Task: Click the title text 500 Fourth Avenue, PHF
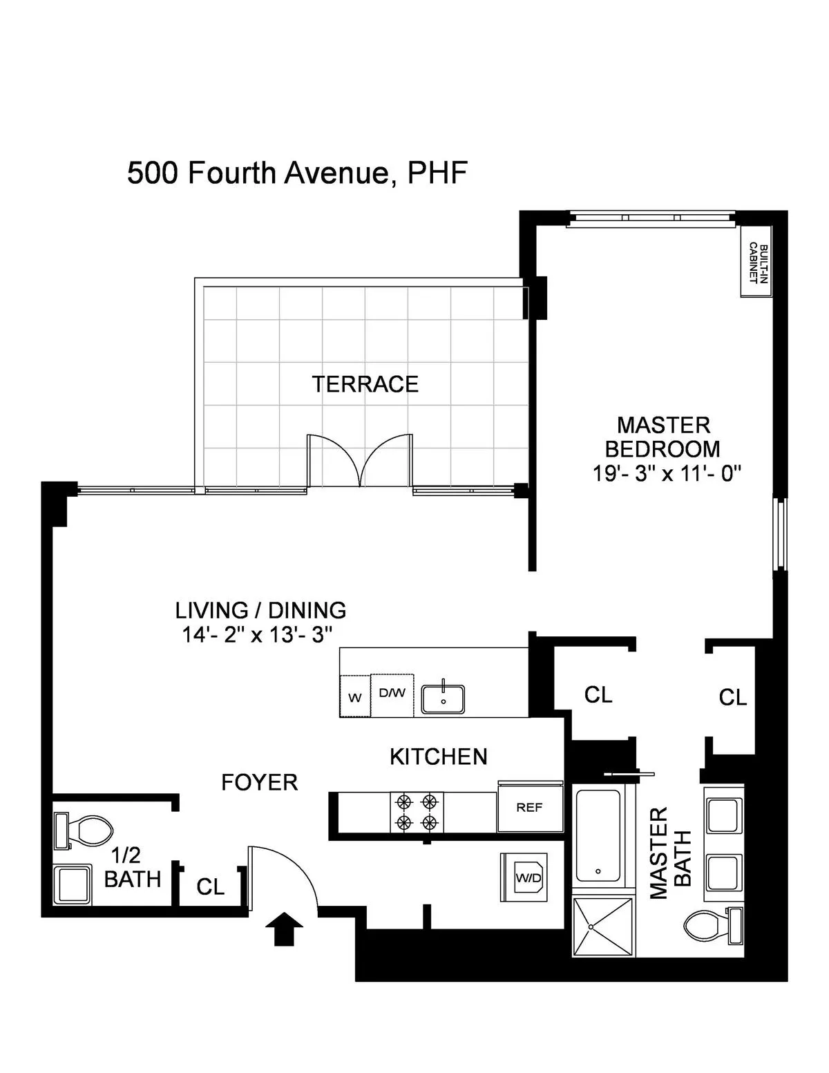pos(297,173)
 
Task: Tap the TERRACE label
pos(365,384)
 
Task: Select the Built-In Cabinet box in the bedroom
pos(756,261)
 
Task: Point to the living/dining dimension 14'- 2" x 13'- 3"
pos(258,634)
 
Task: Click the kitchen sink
pos(443,699)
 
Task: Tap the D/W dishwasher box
pos(392,694)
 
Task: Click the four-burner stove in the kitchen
pos(417,812)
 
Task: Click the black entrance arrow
pos(284,927)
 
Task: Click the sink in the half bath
pos(72,885)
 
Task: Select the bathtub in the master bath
pos(598,835)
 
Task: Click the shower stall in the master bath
pos(602,926)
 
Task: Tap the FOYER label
pos(259,782)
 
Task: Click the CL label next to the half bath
pos(210,886)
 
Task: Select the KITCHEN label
pos(439,757)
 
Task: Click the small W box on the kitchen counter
pos(355,696)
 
